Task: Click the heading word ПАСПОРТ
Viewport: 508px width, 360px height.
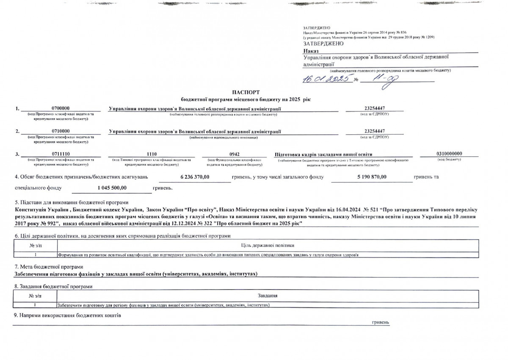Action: [x=246, y=92]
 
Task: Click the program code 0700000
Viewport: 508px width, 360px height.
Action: [x=60, y=108]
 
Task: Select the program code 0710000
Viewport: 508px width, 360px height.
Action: [x=60, y=131]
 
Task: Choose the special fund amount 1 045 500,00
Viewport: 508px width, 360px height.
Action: [x=112, y=187]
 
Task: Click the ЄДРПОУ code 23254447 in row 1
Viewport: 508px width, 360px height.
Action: [x=375, y=108]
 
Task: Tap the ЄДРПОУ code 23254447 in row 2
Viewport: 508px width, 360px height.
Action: [x=375, y=131]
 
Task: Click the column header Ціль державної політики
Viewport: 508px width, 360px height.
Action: [x=268, y=245]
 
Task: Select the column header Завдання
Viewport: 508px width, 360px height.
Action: [x=267, y=295]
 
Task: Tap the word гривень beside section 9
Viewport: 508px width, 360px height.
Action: [x=380, y=322]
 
